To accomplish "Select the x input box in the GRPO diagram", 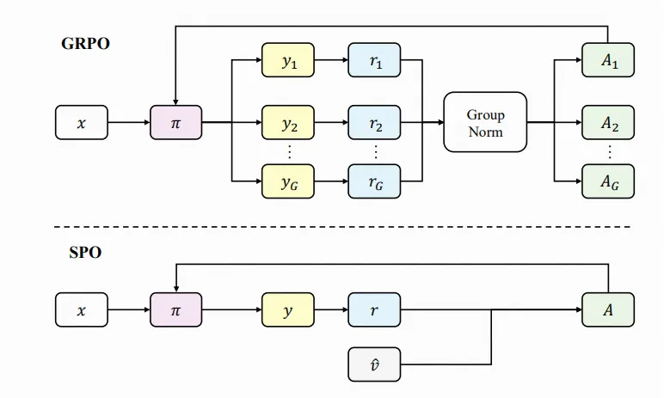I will (x=82, y=123).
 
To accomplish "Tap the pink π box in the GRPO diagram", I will (x=175, y=123).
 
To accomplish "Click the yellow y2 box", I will (x=288, y=123).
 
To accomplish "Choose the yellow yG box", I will (x=288, y=181).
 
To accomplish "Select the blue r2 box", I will (x=375, y=123).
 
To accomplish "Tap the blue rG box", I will (x=375, y=181).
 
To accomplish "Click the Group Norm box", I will (x=485, y=122).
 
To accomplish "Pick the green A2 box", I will (x=608, y=123).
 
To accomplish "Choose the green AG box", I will (x=608, y=181).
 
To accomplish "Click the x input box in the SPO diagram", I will (x=82, y=310).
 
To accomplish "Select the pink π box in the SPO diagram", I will (x=175, y=310).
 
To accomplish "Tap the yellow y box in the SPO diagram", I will (x=288, y=310).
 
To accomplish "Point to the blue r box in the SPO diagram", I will (x=375, y=310).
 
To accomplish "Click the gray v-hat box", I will (x=375, y=364).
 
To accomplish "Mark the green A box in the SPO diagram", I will (x=608, y=310).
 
